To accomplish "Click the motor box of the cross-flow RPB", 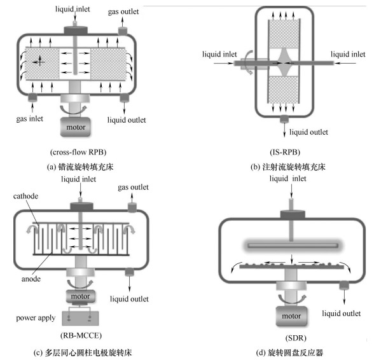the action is click(x=75, y=127).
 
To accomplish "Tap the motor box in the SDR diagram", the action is click(x=291, y=315).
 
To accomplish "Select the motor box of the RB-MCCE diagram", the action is click(x=80, y=296).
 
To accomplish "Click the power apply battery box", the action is click(x=80, y=318).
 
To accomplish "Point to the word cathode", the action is click(x=25, y=196).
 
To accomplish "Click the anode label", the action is click(x=31, y=279).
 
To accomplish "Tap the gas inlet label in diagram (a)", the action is click(x=29, y=119).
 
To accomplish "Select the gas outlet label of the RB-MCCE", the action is click(x=133, y=187).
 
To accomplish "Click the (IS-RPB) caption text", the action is click(x=285, y=152).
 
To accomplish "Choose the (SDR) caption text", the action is click(x=296, y=338).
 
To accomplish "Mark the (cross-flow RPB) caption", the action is click(x=78, y=152).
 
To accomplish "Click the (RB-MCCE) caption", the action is click(x=81, y=335).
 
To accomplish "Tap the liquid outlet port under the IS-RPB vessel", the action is click(x=284, y=119).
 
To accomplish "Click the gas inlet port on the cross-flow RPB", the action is click(x=32, y=97).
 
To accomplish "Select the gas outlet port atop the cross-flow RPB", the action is click(x=123, y=31).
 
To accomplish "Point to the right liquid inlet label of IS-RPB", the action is click(x=348, y=54).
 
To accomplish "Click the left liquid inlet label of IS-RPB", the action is click(x=219, y=54).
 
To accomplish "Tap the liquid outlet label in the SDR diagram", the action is click(x=341, y=314).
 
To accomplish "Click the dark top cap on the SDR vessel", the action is click(x=293, y=215).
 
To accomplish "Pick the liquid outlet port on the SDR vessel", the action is click(x=344, y=285).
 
